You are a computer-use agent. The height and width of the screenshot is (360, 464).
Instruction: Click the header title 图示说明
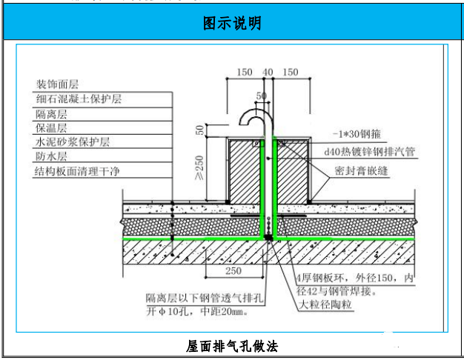pos(232,23)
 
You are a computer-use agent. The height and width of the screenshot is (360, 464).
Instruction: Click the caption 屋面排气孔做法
pos(232,346)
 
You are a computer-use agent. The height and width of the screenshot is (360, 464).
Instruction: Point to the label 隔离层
pos(52,113)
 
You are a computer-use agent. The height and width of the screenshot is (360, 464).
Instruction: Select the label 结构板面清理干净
pos(78,172)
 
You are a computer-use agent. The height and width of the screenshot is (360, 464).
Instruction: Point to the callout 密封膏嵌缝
pos(362,170)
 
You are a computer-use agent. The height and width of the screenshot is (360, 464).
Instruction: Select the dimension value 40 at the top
pos(268,73)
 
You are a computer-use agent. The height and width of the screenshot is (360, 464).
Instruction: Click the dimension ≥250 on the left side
pos(198,169)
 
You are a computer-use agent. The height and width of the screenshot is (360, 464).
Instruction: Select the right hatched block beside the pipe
pos(292,170)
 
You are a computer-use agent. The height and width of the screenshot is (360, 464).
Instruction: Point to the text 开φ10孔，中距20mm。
pos(196,312)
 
